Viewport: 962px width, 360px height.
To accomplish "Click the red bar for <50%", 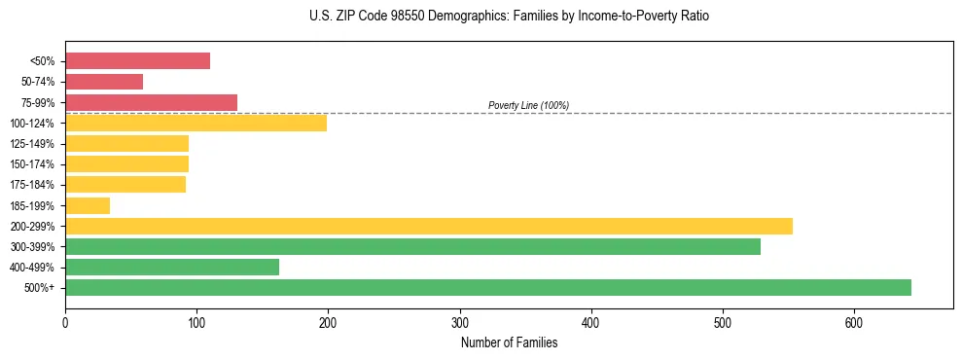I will click(x=137, y=61).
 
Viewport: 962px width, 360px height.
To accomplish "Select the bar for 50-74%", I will click(x=104, y=82).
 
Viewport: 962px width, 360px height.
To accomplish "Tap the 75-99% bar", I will click(x=151, y=102).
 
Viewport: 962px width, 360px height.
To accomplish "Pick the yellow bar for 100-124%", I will click(x=196, y=123).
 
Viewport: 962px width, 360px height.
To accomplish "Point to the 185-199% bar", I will click(x=88, y=205).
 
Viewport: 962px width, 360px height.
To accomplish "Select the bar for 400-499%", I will click(x=172, y=267).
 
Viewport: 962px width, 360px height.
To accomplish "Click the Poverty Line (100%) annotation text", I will click(x=528, y=105).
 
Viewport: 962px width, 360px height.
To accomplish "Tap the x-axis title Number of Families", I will click(x=509, y=342).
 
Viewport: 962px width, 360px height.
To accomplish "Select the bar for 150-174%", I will click(x=126, y=163).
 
